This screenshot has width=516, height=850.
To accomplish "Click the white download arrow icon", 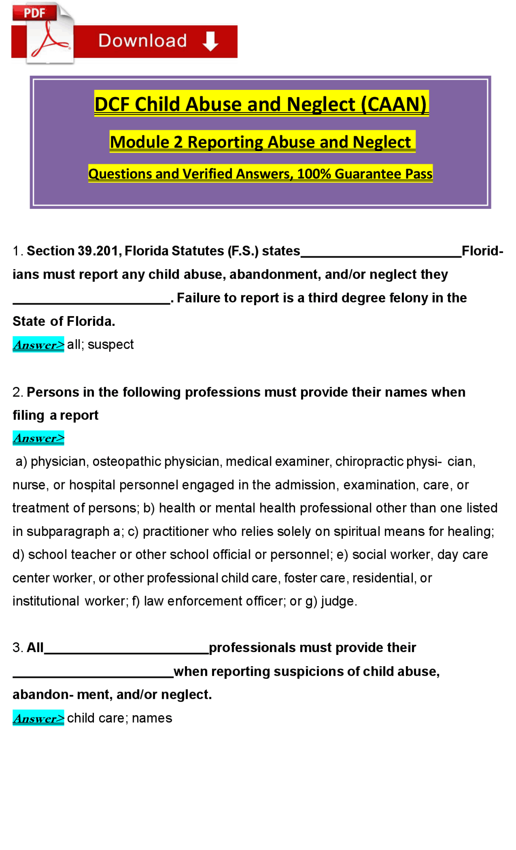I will [x=210, y=41].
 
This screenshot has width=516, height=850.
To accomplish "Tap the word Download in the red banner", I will [x=143, y=41].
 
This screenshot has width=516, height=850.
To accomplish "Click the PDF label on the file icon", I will [x=34, y=13].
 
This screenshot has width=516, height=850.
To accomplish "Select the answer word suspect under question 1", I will [x=110, y=344].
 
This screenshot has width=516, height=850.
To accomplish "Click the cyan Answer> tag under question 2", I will [x=38, y=438].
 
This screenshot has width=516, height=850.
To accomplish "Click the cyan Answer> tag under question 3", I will [x=38, y=718].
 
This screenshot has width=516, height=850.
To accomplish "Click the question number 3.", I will [x=17, y=648].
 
